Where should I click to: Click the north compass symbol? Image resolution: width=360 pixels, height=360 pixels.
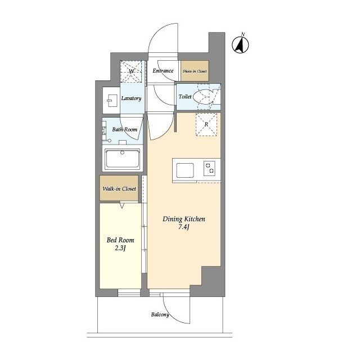[x=240, y=45]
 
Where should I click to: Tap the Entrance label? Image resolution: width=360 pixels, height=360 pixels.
[x=163, y=71]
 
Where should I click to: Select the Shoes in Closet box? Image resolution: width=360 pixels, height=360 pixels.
[x=195, y=71]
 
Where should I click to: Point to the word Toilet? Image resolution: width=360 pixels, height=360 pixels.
[x=185, y=97]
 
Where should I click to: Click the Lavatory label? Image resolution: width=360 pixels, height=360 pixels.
[x=131, y=98]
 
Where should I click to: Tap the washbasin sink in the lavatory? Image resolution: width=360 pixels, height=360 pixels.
[x=112, y=100]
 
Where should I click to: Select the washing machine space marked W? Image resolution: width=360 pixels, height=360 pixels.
[x=131, y=71]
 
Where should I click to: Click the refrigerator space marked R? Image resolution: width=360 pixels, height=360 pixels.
[x=206, y=124]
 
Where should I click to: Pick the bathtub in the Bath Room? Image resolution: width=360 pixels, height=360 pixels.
[x=123, y=159]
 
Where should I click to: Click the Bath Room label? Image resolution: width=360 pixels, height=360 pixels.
[x=125, y=129]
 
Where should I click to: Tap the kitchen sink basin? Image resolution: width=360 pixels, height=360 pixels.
[x=185, y=170]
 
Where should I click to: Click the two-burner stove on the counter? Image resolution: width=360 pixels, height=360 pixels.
[x=210, y=168]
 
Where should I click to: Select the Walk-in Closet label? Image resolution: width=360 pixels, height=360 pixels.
[x=119, y=189]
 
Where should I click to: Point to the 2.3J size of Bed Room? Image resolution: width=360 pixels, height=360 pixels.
[x=120, y=249]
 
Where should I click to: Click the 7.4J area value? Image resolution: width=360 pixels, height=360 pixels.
[x=184, y=227]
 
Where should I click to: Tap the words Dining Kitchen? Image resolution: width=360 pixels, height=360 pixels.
[x=184, y=219]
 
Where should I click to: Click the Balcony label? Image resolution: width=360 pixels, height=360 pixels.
[x=160, y=314]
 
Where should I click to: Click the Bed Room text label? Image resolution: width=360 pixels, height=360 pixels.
[x=120, y=240]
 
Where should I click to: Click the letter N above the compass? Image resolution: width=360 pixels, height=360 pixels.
[x=243, y=34]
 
